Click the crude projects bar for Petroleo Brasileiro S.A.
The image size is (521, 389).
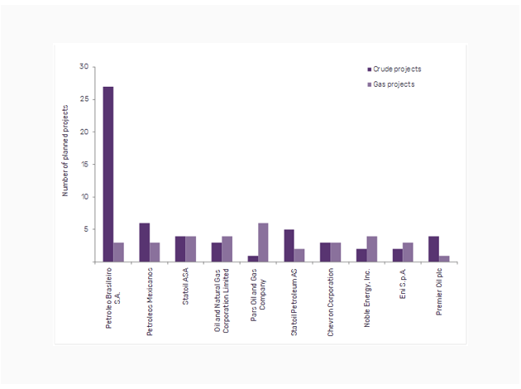point(108,174)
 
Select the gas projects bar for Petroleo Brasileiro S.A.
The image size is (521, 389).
point(119,252)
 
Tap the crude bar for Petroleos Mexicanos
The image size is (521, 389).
point(145,243)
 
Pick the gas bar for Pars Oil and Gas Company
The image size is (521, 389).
point(263,243)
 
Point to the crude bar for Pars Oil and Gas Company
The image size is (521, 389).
point(252,258)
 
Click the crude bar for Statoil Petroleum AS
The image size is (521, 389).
point(289,246)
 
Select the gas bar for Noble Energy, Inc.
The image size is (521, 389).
point(371,249)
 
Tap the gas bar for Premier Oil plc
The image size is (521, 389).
point(444,258)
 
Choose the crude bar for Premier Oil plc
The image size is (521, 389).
point(433,249)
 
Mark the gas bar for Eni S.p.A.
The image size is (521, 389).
point(408,252)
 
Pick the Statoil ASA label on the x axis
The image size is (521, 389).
point(186,286)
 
